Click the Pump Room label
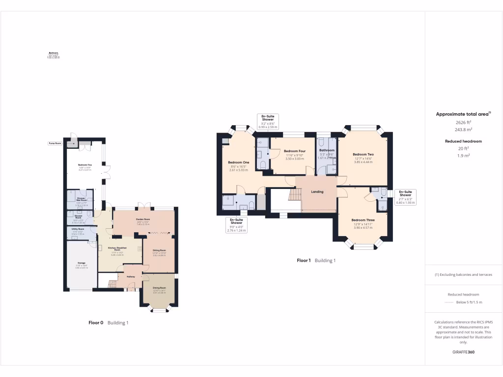[x=55, y=143]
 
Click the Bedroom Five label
[x=85, y=165]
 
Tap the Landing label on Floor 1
[x=317, y=191]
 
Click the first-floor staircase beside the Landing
[x=295, y=195]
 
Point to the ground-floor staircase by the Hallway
[x=112, y=284]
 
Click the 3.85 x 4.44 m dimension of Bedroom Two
[x=363, y=162]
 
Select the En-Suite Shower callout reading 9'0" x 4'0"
[x=236, y=226]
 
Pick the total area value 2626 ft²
[x=463, y=122]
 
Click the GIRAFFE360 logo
[x=463, y=352]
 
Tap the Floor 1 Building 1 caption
[x=316, y=261]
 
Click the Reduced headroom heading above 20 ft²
[x=463, y=141]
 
